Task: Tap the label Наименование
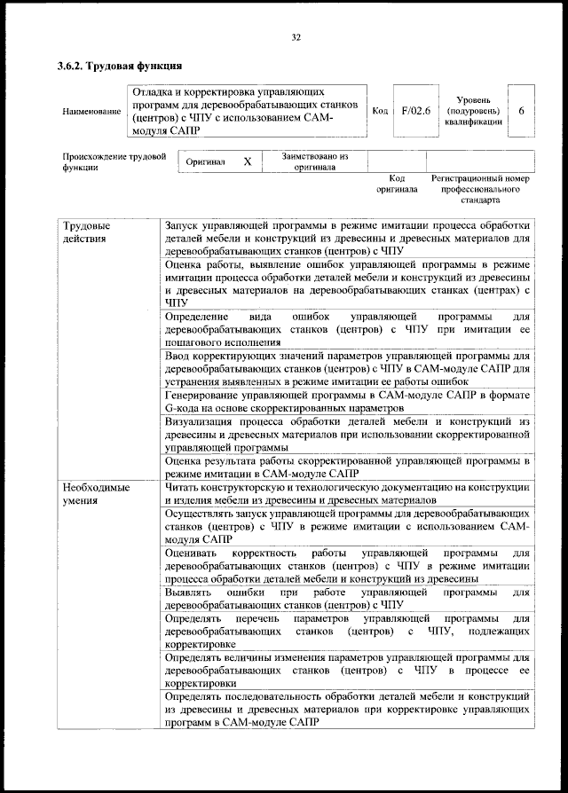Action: (x=91, y=112)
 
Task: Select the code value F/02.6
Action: (x=414, y=111)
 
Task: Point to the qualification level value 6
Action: (x=521, y=111)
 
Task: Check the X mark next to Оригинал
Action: (x=248, y=162)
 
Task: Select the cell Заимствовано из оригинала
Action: (x=315, y=161)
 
